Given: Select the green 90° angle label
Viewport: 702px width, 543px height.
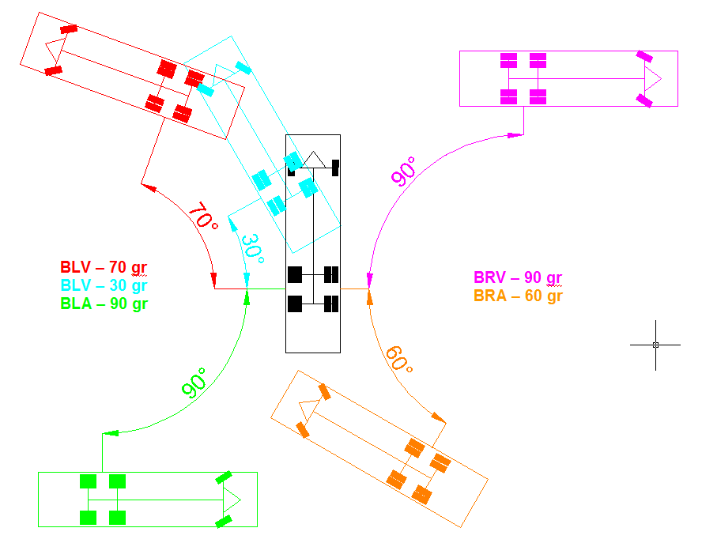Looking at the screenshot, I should coord(194,382).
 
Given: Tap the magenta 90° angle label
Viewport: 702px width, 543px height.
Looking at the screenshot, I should coord(404,172).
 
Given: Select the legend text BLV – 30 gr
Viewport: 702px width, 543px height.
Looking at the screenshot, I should coord(104,285).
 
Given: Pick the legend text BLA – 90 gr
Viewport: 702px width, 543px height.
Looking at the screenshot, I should coord(104,302).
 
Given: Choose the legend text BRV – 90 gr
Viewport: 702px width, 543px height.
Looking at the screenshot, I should coord(518,278).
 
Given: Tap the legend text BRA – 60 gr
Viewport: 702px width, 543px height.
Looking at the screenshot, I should coord(518,296).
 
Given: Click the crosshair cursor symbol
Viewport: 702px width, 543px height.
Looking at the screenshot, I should coord(655,345).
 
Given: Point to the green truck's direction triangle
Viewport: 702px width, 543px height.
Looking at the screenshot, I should coord(231,499).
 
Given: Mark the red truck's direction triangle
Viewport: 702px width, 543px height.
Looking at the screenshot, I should coord(52,51).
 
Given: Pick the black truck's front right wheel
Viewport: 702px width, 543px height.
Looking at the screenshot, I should coord(335,168).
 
